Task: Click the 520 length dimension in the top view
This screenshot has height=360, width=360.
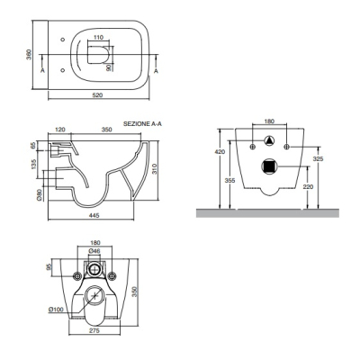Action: (x=97, y=95)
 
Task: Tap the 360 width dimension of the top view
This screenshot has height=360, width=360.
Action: (x=29, y=54)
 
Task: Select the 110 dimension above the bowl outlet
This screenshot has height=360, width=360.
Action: (x=98, y=38)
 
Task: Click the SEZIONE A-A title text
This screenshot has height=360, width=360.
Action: (x=142, y=124)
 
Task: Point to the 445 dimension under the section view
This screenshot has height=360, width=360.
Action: (x=94, y=215)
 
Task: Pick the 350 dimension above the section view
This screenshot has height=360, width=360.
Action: (x=106, y=130)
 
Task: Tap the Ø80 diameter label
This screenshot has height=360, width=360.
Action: (x=39, y=194)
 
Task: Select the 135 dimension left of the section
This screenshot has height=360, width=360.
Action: (x=34, y=164)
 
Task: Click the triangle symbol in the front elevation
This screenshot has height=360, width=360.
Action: (x=269, y=140)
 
